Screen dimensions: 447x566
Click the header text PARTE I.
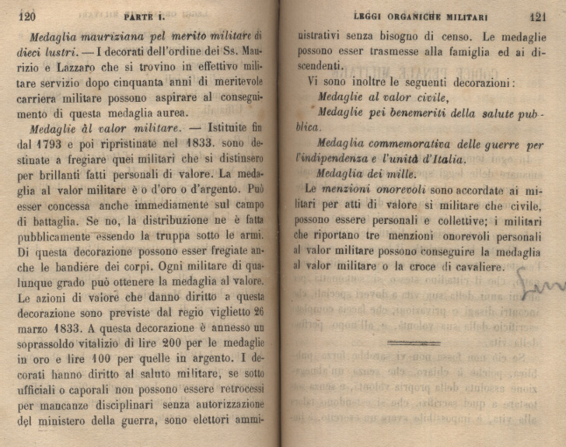143,16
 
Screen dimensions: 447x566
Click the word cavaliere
478,267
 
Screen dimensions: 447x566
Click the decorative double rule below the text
413,342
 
